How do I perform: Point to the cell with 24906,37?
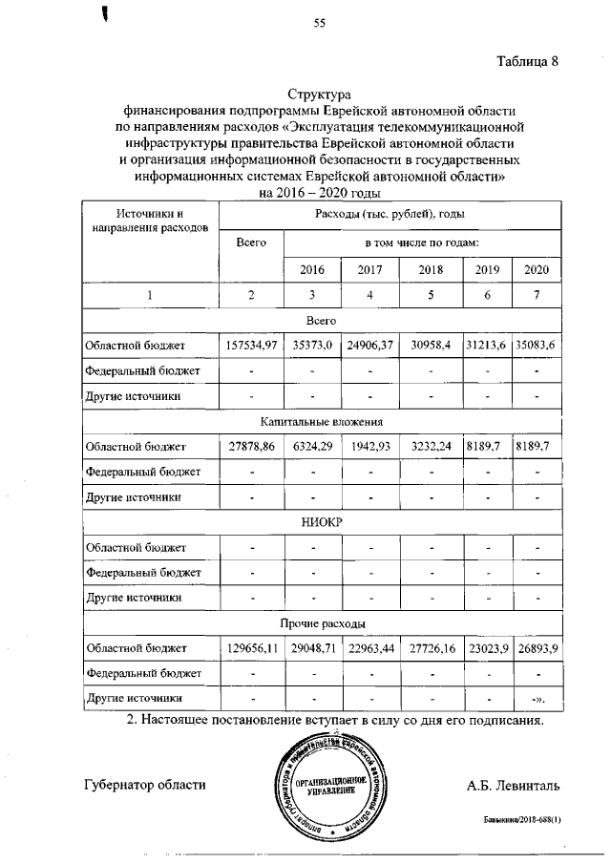coord(370,344)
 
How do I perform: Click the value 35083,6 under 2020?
coord(536,344)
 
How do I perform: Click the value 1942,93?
coord(370,446)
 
